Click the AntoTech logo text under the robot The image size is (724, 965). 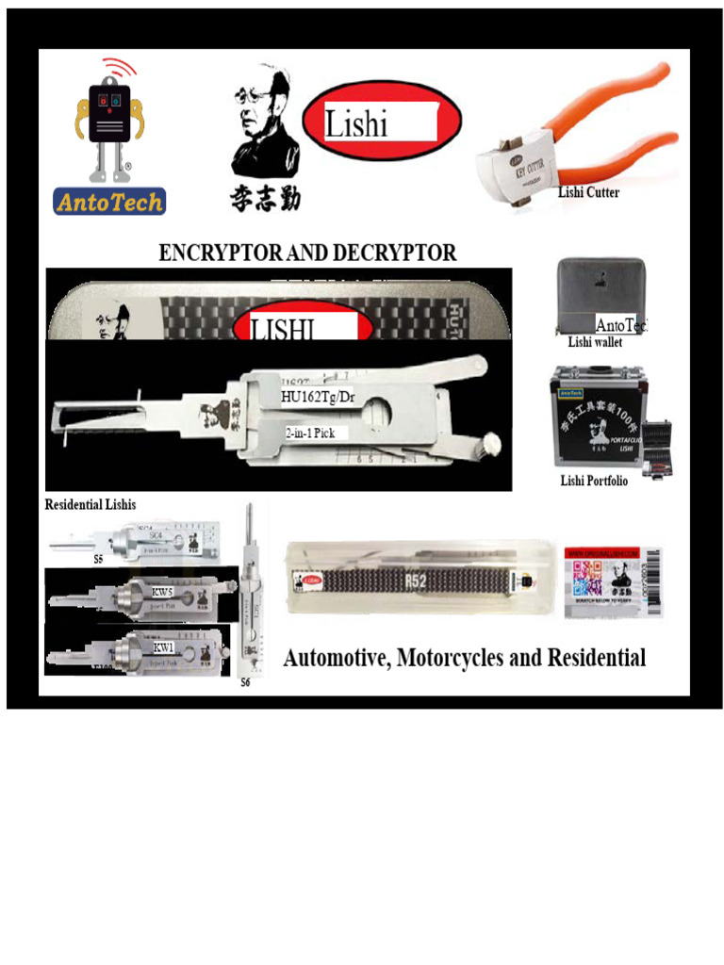(108, 201)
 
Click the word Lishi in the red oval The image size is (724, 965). (356, 123)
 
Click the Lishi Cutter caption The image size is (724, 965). (588, 192)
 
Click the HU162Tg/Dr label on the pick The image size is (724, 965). (319, 397)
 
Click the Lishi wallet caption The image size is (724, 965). (595, 342)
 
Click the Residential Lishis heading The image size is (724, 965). (90, 505)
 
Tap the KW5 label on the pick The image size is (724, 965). (163, 593)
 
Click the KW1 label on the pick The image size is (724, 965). (163, 648)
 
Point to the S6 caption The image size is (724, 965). (245, 681)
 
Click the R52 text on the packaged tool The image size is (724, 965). (416, 581)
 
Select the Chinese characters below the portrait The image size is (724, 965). (265, 198)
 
